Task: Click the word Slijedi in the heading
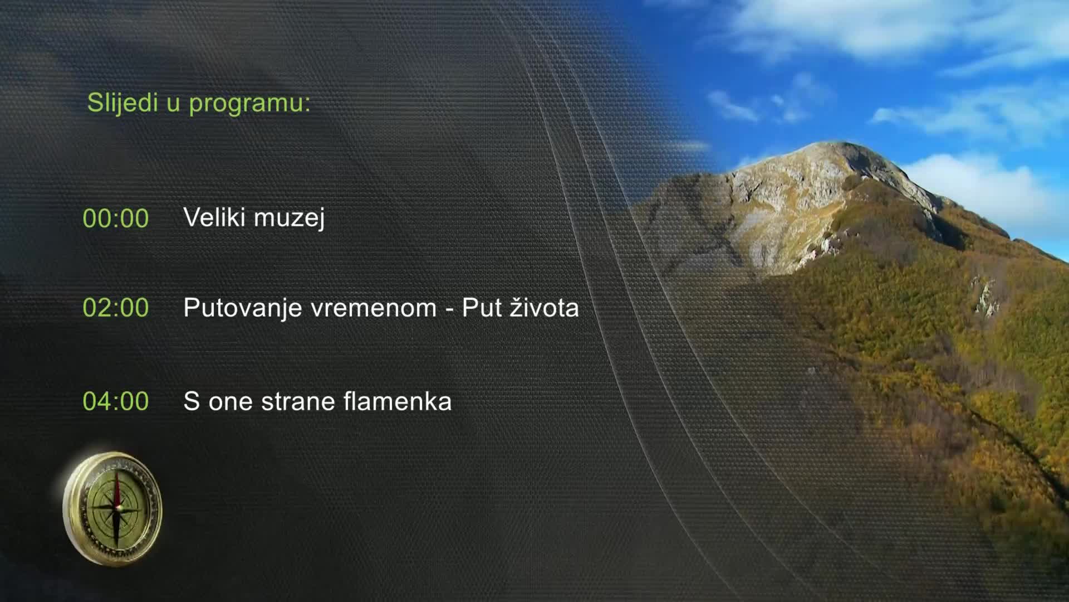pos(123,103)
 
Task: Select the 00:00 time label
pos(116,219)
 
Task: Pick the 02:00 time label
pos(116,308)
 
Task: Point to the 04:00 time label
pos(116,401)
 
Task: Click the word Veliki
pos(215,217)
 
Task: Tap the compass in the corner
pos(113,508)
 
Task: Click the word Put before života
pos(482,308)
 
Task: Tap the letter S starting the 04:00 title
pos(192,401)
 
